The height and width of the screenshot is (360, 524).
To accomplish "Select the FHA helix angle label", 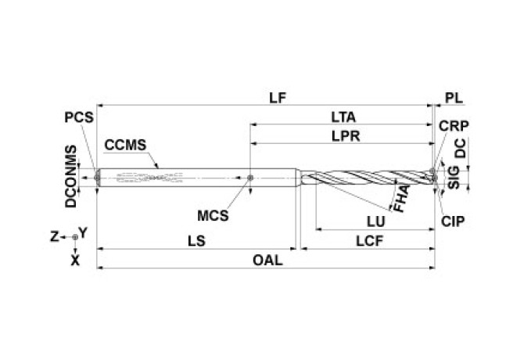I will coord(400,200).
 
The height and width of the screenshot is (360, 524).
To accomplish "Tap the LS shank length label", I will coord(197,242).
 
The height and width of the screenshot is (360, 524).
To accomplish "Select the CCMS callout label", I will coord(126,144).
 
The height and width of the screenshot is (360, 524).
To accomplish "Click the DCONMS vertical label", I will coord(71,176).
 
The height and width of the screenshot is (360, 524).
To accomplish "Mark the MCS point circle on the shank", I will coord(249,178).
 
